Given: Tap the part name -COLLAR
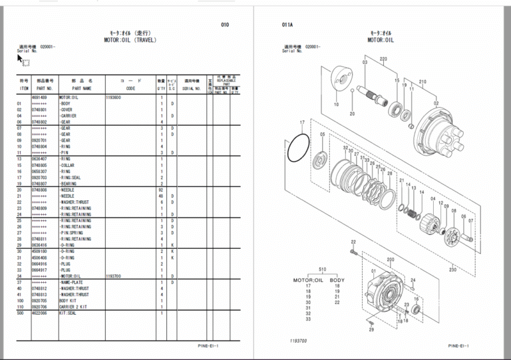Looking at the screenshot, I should (71, 165).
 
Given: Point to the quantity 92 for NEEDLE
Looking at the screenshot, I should (161, 190).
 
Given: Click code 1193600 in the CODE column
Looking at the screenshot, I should (113, 97).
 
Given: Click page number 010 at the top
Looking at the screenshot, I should (225, 25).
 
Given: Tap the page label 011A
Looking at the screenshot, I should (287, 25).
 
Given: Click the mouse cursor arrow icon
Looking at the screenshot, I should (21, 59).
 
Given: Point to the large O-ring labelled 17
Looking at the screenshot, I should (297, 149).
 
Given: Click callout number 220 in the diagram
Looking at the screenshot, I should (383, 60).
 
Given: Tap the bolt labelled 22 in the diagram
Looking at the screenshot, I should (353, 252).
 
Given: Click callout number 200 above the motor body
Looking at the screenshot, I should (390, 260).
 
